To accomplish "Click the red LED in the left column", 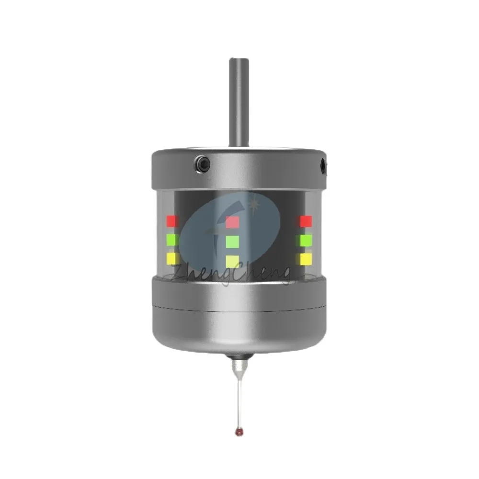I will pos(172,221).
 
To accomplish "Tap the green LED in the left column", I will pos(172,239).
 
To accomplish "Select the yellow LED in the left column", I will pos(172,259).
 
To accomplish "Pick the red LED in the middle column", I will pos(232,222).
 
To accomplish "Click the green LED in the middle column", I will pos(232,241).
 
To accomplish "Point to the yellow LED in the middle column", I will pos(232,261).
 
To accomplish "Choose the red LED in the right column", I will pos(306,221).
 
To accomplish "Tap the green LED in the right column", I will pos(306,239).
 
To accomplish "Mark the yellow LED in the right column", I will pos(306,259).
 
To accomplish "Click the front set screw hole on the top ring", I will pos(203,164).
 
